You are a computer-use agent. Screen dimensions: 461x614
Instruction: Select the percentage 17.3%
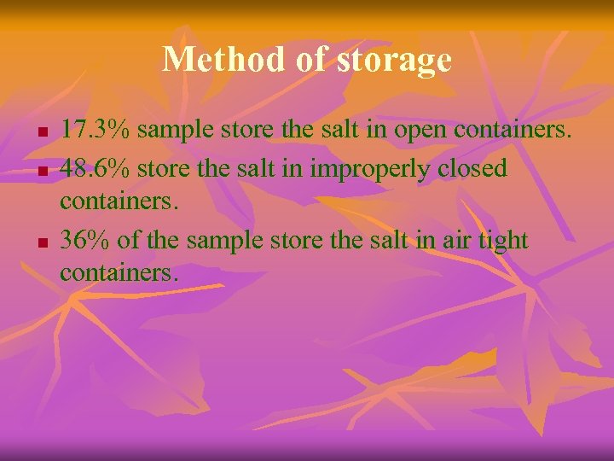click(x=96, y=131)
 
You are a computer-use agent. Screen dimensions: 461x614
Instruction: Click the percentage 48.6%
click(x=96, y=168)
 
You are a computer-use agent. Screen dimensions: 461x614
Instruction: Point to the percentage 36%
click(x=85, y=241)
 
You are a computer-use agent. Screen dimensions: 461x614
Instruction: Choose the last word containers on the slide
click(x=117, y=273)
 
